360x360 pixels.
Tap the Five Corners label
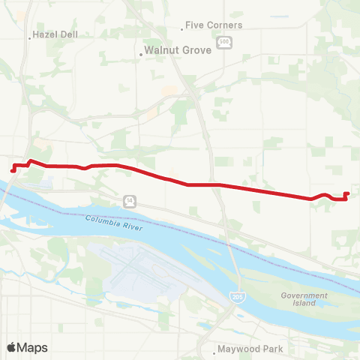pos(214,25)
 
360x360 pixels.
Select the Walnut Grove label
pos(173,53)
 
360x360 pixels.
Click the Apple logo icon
pos(12,347)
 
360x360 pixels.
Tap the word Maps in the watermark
pos(32,347)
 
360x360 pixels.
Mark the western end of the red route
pos(13,170)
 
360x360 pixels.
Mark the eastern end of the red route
pos(347,193)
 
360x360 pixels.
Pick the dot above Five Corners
pos(182,30)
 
